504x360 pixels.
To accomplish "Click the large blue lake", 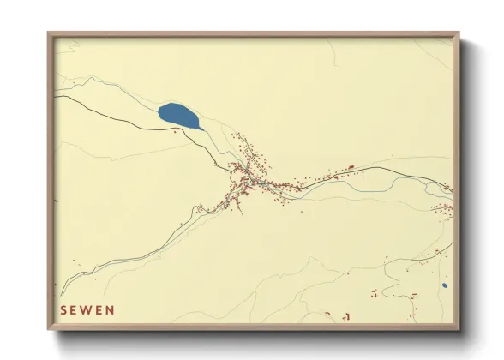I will tap(178, 115).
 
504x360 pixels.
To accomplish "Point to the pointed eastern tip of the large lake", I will tap(201, 126).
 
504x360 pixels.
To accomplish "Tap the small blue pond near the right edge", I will tap(444, 285).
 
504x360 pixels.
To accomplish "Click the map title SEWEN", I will tap(87, 309).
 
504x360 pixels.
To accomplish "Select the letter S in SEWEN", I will tap(63, 309).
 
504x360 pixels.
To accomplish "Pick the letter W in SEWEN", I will tap(87, 309).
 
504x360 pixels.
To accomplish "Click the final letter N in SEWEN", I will tap(110, 309).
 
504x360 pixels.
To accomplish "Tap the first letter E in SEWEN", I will tap(75, 309).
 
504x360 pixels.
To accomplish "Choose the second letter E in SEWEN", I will tap(99, 309).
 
